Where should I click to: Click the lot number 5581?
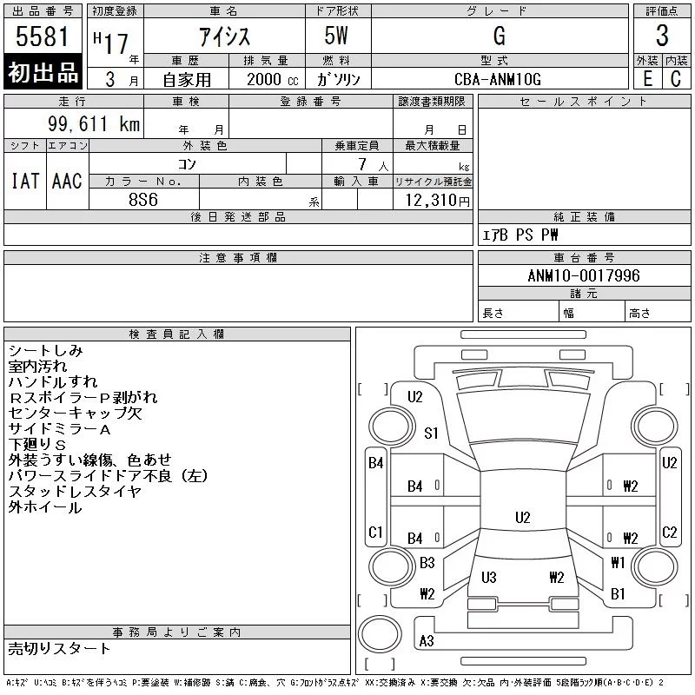pyautogui.click(x=42, y=36)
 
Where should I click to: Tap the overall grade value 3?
pyautogui.click(x=662, y=36)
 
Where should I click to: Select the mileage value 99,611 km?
pyautogui.click(x=94, y=123)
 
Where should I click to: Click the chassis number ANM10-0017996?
pyautogui.click(x=584, y=275)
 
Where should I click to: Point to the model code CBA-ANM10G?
pyautogui.click(x=498, y=79)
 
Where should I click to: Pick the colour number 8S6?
pyautogui.click(x=143, y=200)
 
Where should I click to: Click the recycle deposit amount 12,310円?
pyautogui.click(x=438, y=201)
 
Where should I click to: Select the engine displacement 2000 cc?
pyautogui.click(x=273, y=80)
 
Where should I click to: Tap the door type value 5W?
pyautogui.click(x=336, y=36)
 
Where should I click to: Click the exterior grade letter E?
pyautogui.click(x=647, y=79)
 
